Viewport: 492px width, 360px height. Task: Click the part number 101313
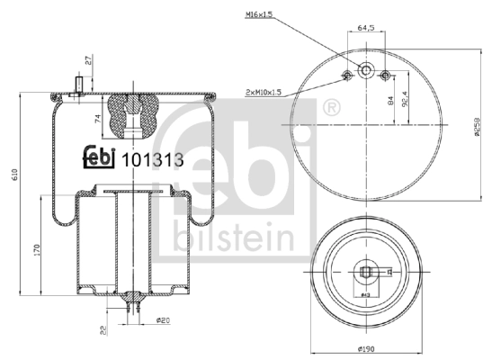(152, 160)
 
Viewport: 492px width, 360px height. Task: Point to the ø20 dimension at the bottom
(163, 319)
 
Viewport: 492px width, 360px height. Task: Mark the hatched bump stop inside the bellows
(132, 116)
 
